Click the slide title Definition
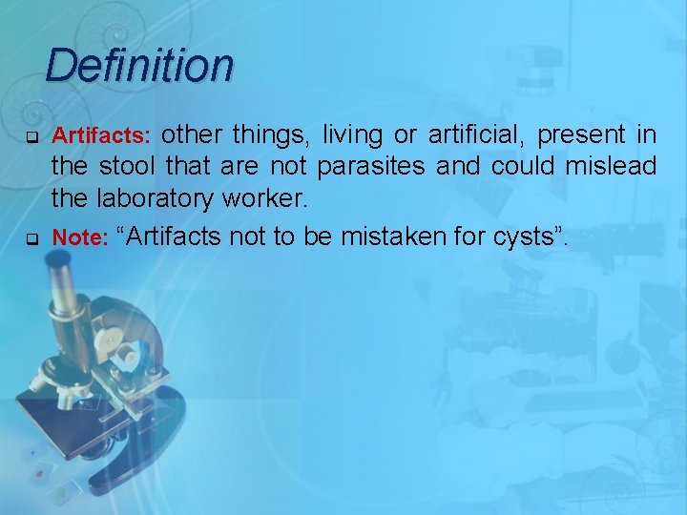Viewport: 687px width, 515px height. point(138,66)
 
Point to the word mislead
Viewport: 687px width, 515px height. point(610,167)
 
